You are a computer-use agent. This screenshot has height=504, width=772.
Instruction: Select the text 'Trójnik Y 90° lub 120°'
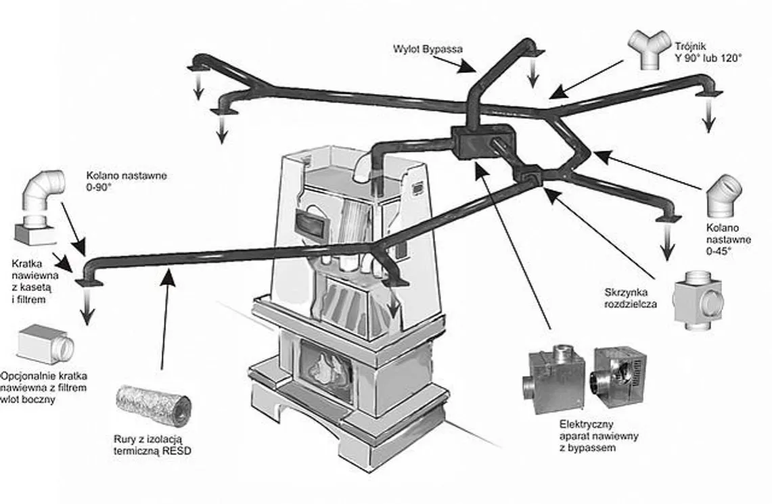(x=707, y=53)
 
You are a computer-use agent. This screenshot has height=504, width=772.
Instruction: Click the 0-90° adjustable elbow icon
(x=45, y=192)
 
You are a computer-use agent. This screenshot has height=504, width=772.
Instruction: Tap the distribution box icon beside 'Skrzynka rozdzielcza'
(x=697, y=296)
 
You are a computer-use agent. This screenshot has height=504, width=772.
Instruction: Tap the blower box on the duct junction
(x=479, y=142)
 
